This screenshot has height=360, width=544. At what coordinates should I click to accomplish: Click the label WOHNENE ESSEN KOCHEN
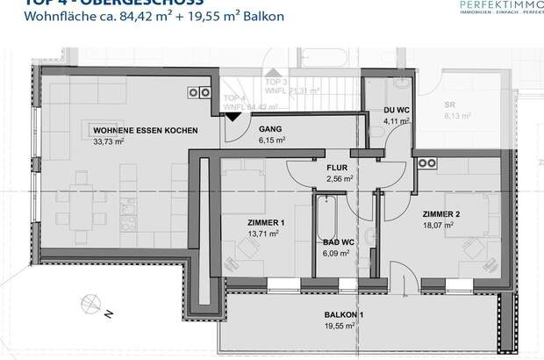(145, 130)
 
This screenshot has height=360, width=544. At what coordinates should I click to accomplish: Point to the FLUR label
(339, 167)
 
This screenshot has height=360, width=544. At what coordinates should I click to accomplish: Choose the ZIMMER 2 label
(441, 214)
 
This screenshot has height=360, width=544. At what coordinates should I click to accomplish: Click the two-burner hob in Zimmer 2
(427, 162)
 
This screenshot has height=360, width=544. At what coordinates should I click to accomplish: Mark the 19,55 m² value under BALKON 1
(338, 325)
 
